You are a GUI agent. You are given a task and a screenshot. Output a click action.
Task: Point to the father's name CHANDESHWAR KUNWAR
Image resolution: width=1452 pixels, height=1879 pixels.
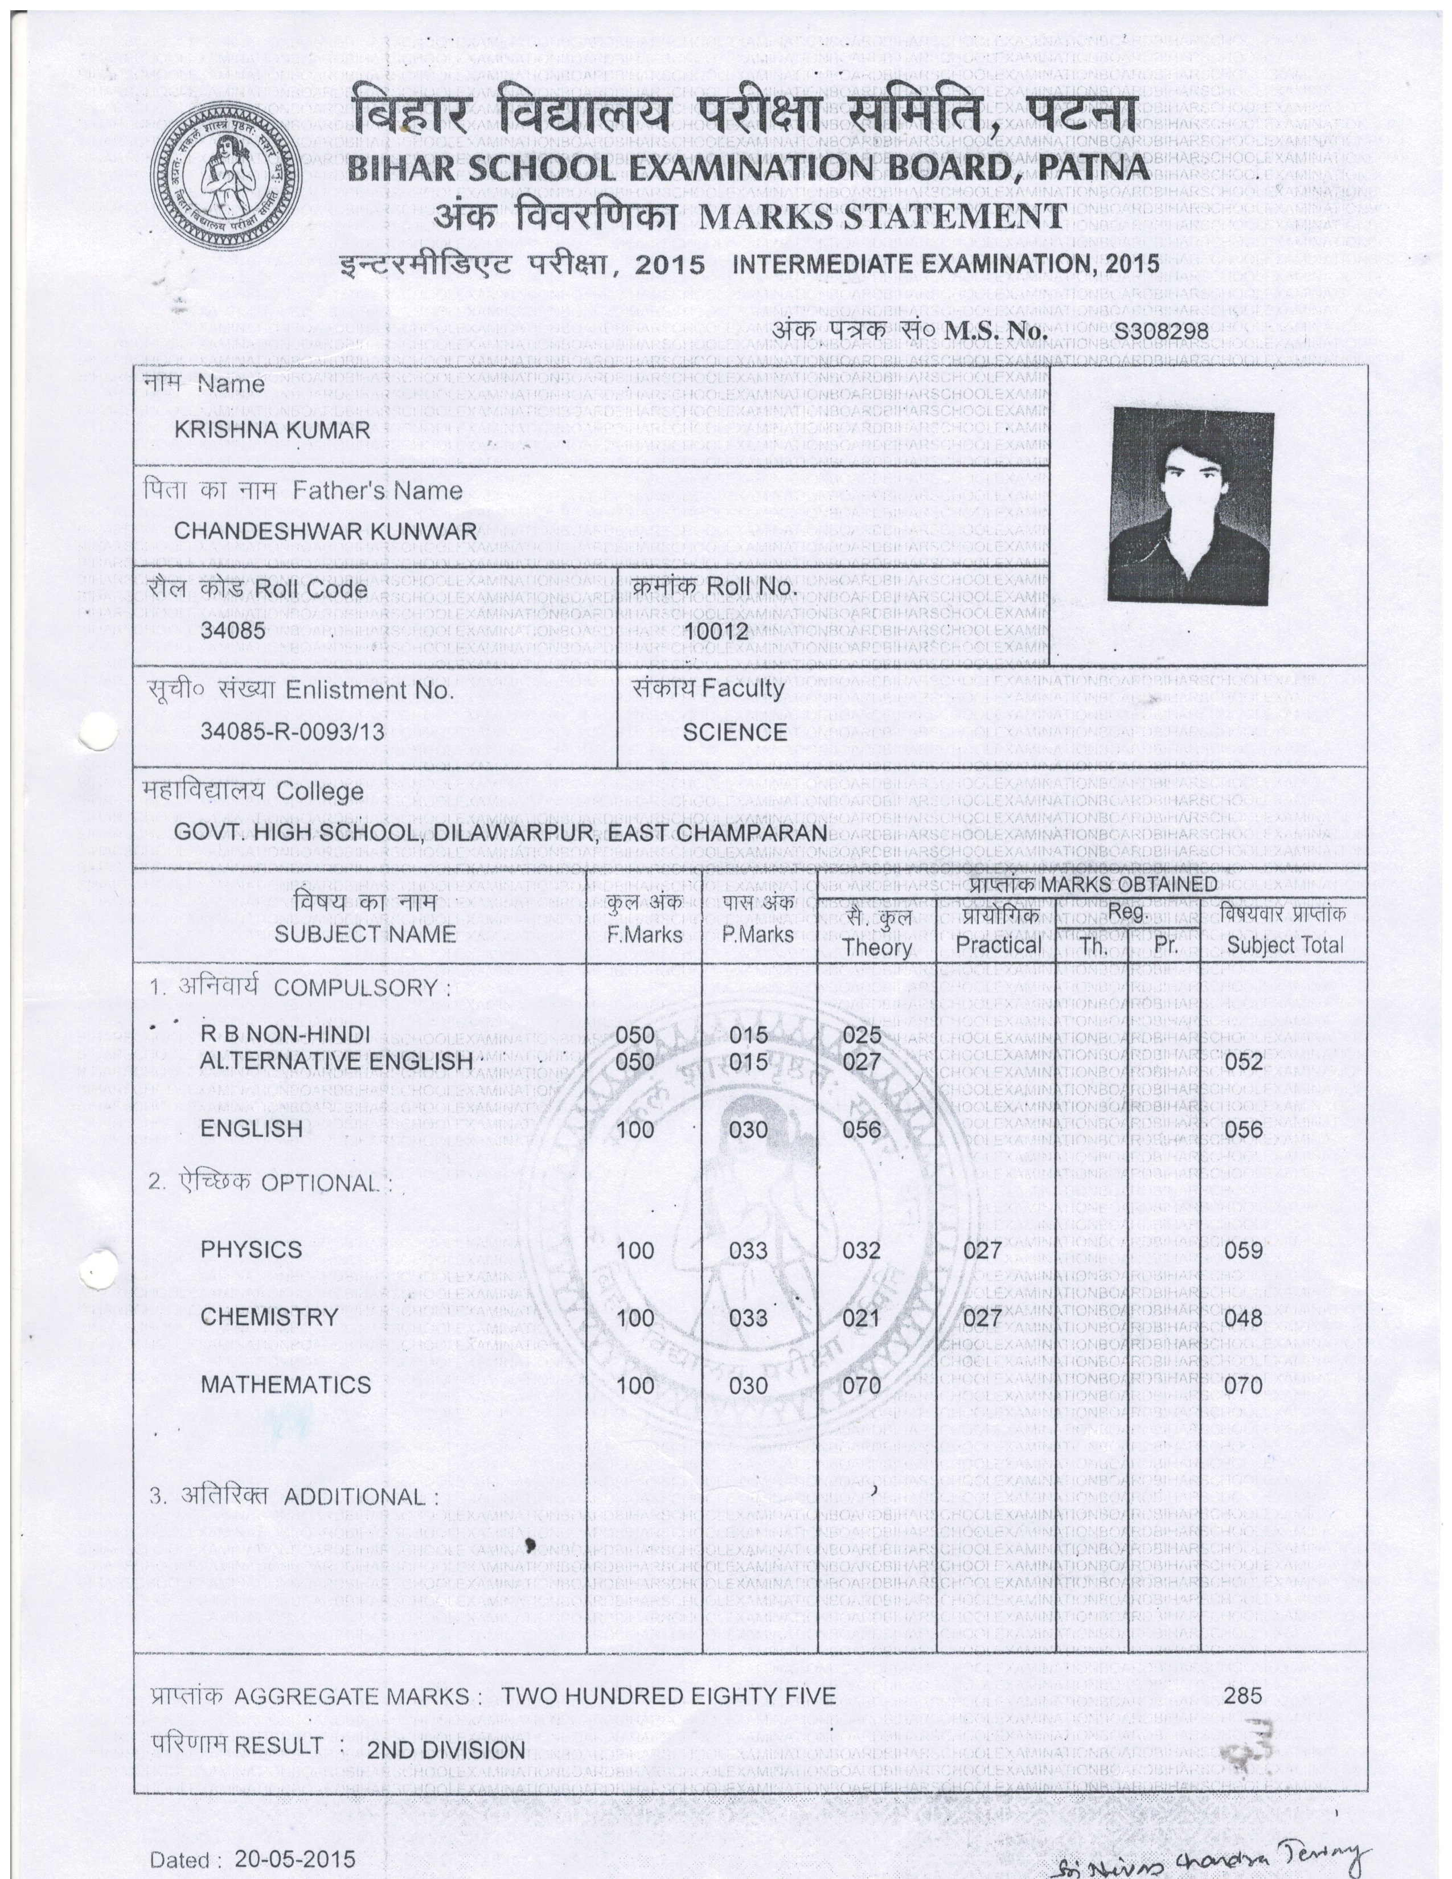pos(325,531)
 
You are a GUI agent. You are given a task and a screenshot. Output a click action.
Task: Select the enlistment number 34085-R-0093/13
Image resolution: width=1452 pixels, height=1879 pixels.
pos(293,732)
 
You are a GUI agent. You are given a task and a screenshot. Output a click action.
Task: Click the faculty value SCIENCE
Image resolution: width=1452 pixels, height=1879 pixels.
pos(735,732)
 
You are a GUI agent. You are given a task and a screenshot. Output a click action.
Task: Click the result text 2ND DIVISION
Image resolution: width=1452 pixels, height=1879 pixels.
pos(446,1750)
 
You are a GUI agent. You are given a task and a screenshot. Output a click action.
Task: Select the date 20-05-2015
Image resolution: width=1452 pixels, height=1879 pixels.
pos(295,1859)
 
